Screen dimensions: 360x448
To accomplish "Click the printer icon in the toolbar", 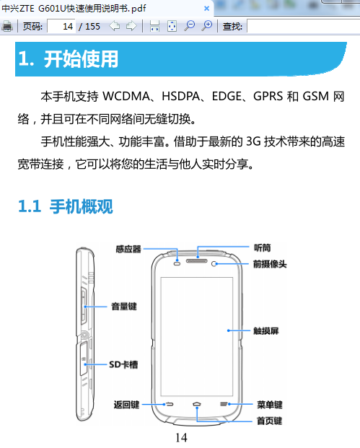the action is (x=7, y=26).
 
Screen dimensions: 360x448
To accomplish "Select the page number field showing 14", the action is (x=61, y=26).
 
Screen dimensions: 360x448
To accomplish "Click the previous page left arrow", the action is (x=114, y=26).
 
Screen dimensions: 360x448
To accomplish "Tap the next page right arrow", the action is (x=131, y=26).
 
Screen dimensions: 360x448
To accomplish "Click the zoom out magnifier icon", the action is (x=189, y=26).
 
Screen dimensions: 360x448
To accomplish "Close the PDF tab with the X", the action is (x=206, y=9).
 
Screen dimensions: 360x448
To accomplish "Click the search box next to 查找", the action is (x=303, y=26).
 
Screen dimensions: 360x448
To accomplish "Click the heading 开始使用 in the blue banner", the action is (x=81, y=59).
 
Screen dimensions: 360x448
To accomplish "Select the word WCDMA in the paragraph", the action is (x=126, y=96).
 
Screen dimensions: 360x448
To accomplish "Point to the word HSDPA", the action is (x=181, y=96).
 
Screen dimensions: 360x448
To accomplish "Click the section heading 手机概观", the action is (x=81, y=206).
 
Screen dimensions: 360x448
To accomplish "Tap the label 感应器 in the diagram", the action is (x=128, y=249).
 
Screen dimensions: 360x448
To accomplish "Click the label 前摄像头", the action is (x=270, y=264).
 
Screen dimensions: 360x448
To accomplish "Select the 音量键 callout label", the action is (x=124, y=307).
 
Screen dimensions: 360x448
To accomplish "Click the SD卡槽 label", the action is (x=123, y=364).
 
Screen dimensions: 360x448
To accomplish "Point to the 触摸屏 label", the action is (x=266, y=331).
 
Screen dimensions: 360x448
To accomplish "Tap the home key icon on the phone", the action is (x=196, y=404).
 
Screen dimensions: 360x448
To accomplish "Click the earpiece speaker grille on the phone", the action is (x=196, y=261).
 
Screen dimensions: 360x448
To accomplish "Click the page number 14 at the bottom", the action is (x=181, y=438).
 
